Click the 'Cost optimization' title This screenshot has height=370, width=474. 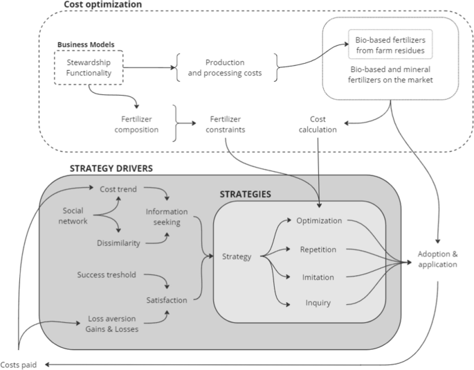[102, 5]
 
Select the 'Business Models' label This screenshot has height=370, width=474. [85, 45]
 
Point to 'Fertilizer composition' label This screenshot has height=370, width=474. [136, 124]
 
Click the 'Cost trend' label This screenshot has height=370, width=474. [117, 188]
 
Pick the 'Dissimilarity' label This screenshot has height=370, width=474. [119, 243]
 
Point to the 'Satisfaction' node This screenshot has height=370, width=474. [167, 300]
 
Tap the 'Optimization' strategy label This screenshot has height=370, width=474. [318, 220]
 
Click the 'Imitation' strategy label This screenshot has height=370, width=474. [318, 277]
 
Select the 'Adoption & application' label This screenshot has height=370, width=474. [437, 258]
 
